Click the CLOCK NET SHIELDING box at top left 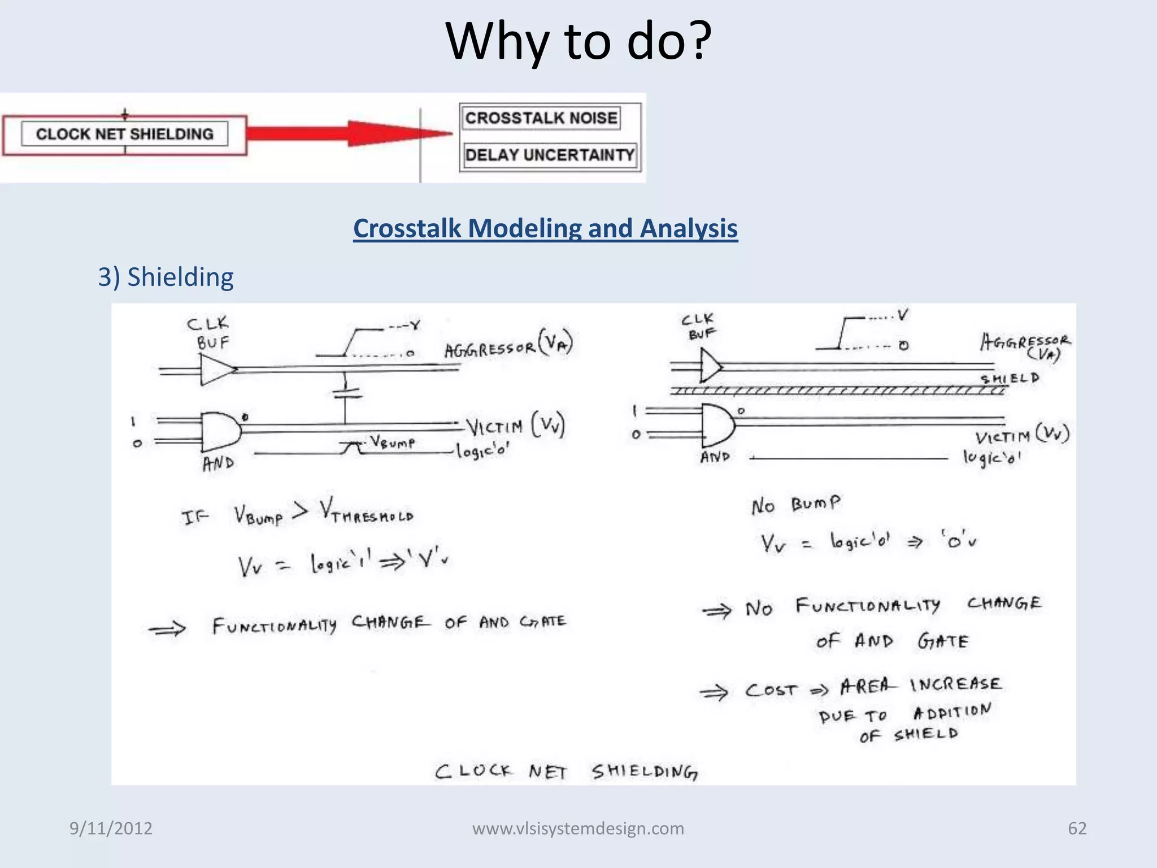pos(124,134)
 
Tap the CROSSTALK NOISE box pos(541,118)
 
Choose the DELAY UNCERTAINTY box pos(549,155)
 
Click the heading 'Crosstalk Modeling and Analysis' pos(545,229)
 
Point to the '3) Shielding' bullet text pos(166,277)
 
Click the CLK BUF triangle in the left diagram pos(215,370)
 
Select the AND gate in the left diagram pos(219,432)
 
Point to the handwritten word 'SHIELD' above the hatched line pos(1010,378)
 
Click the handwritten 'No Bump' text pos(795,505)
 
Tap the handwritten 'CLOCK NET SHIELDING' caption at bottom pos(566,771)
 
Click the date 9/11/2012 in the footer pos(111,828)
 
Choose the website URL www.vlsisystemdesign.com pos(578,828)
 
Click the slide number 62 pos(1077,828)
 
